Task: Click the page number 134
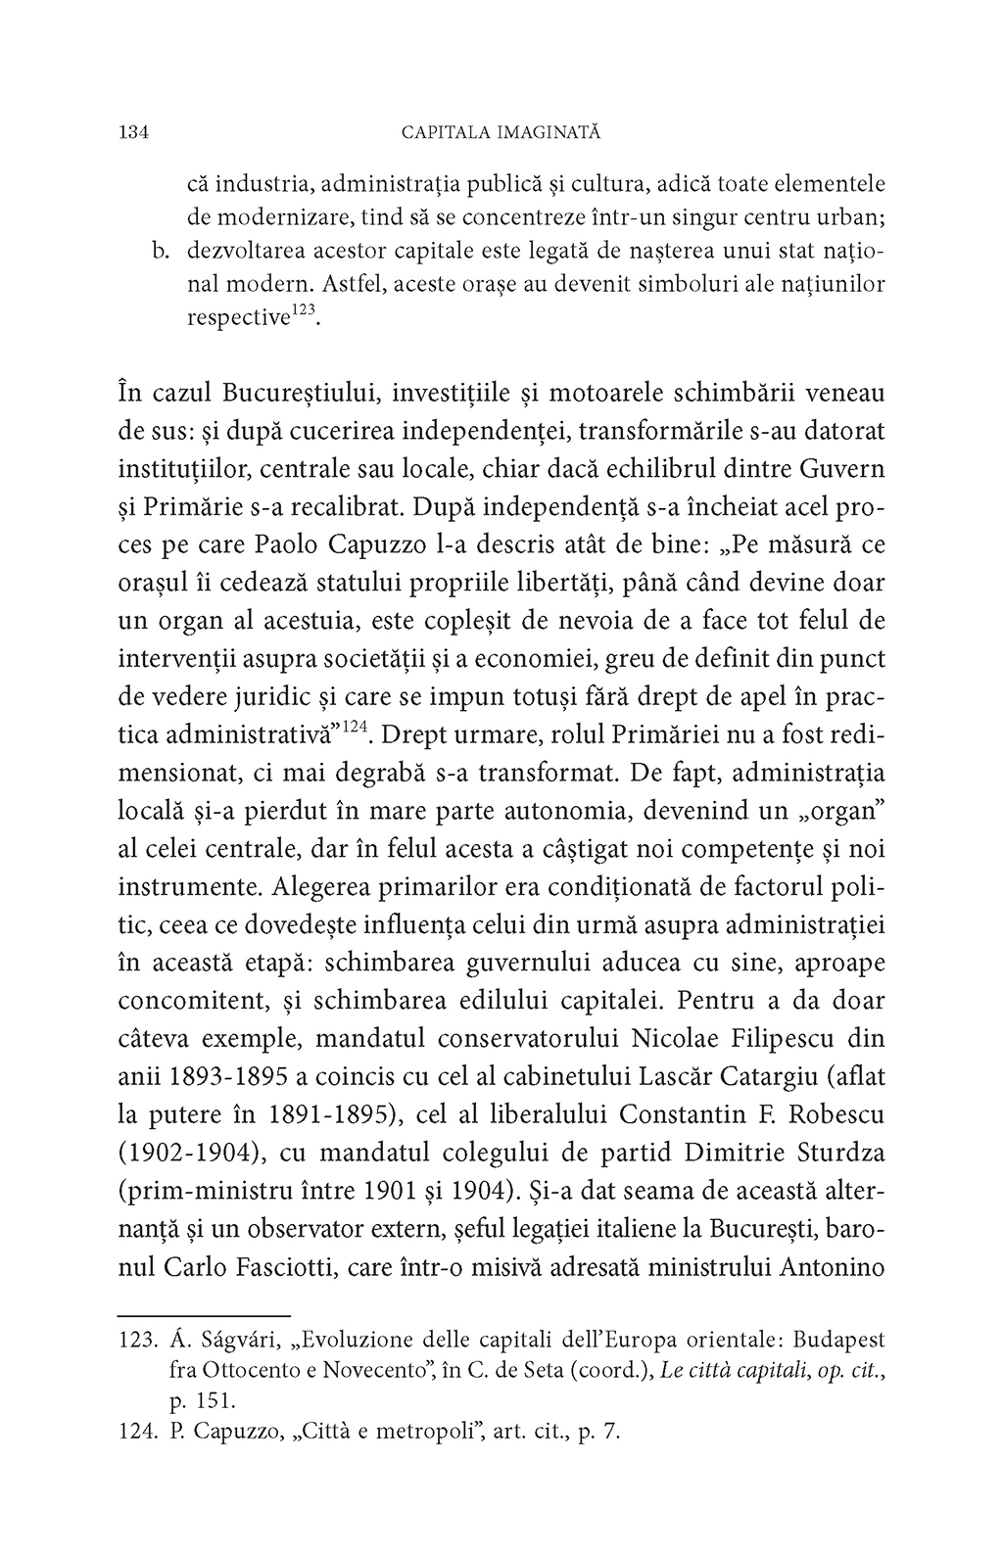(132, 132)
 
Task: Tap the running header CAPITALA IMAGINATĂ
(501, 132)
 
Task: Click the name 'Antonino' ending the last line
(832, 1266)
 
